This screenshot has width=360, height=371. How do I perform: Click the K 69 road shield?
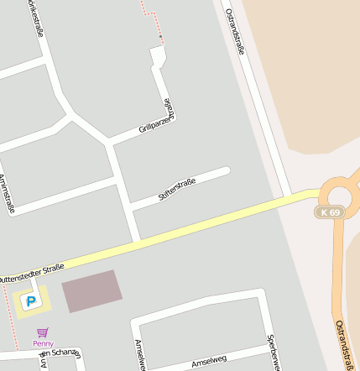(329, 212)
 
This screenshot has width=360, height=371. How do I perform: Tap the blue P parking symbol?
(32, 300)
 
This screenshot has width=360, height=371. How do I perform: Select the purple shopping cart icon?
(43, 332)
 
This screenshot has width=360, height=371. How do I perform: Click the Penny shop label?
(43, 343)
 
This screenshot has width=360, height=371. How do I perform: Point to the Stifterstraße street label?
(176, 190)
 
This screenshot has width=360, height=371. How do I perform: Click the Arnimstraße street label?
(7, 194)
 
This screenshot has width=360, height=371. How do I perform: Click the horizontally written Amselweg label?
(209, 362)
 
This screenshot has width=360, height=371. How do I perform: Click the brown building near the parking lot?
(91, 290)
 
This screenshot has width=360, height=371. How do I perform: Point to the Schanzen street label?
(59, 354)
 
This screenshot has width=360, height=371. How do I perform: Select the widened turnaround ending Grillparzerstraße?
(157, 57)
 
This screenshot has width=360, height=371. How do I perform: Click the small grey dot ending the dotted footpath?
(160, 39)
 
